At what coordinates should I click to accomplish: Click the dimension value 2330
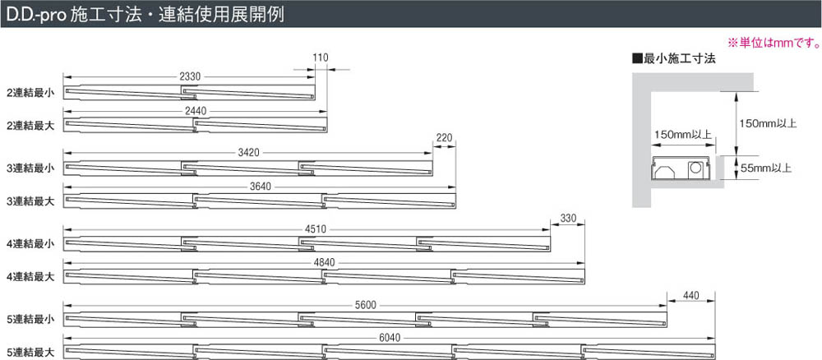(x=189, y=76)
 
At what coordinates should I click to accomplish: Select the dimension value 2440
(x=196, y=110)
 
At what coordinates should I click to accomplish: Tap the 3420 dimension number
(x=248, y=152)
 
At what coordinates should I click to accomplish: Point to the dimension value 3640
(x=260, y=186)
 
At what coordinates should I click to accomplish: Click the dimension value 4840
(x=324, y=262)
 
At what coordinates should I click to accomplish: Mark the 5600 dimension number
(x=366, y=305)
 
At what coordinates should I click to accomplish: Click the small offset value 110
(x=321, y=58)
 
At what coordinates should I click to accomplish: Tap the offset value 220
(x=445, y=137)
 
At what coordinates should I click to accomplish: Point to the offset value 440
(x=689, y=294)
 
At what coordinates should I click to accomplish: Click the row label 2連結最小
(x=30, y=92)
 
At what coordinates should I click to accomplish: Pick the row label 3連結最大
(x=30, y=201)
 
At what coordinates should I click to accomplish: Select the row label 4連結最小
(x=30, y=243)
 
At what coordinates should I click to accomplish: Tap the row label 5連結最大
(x=30, y=352)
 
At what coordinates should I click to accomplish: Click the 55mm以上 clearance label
(x=765, y=168)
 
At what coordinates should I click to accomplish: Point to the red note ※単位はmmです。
(x=771, y=42)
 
